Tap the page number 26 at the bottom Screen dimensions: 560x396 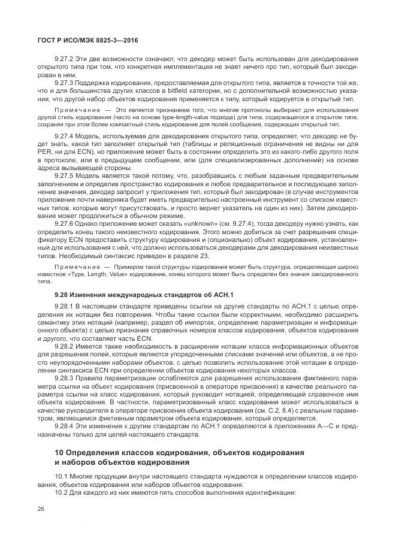coord(41,508)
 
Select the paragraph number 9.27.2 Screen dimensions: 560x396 coord(64,60)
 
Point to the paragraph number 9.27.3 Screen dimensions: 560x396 coord(64,83)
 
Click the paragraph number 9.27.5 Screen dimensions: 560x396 coord(64,175)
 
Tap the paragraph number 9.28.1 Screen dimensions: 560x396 coord(64,307)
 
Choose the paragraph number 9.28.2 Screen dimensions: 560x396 coord(64,346)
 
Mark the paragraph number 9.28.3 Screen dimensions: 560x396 coord(64,377)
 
